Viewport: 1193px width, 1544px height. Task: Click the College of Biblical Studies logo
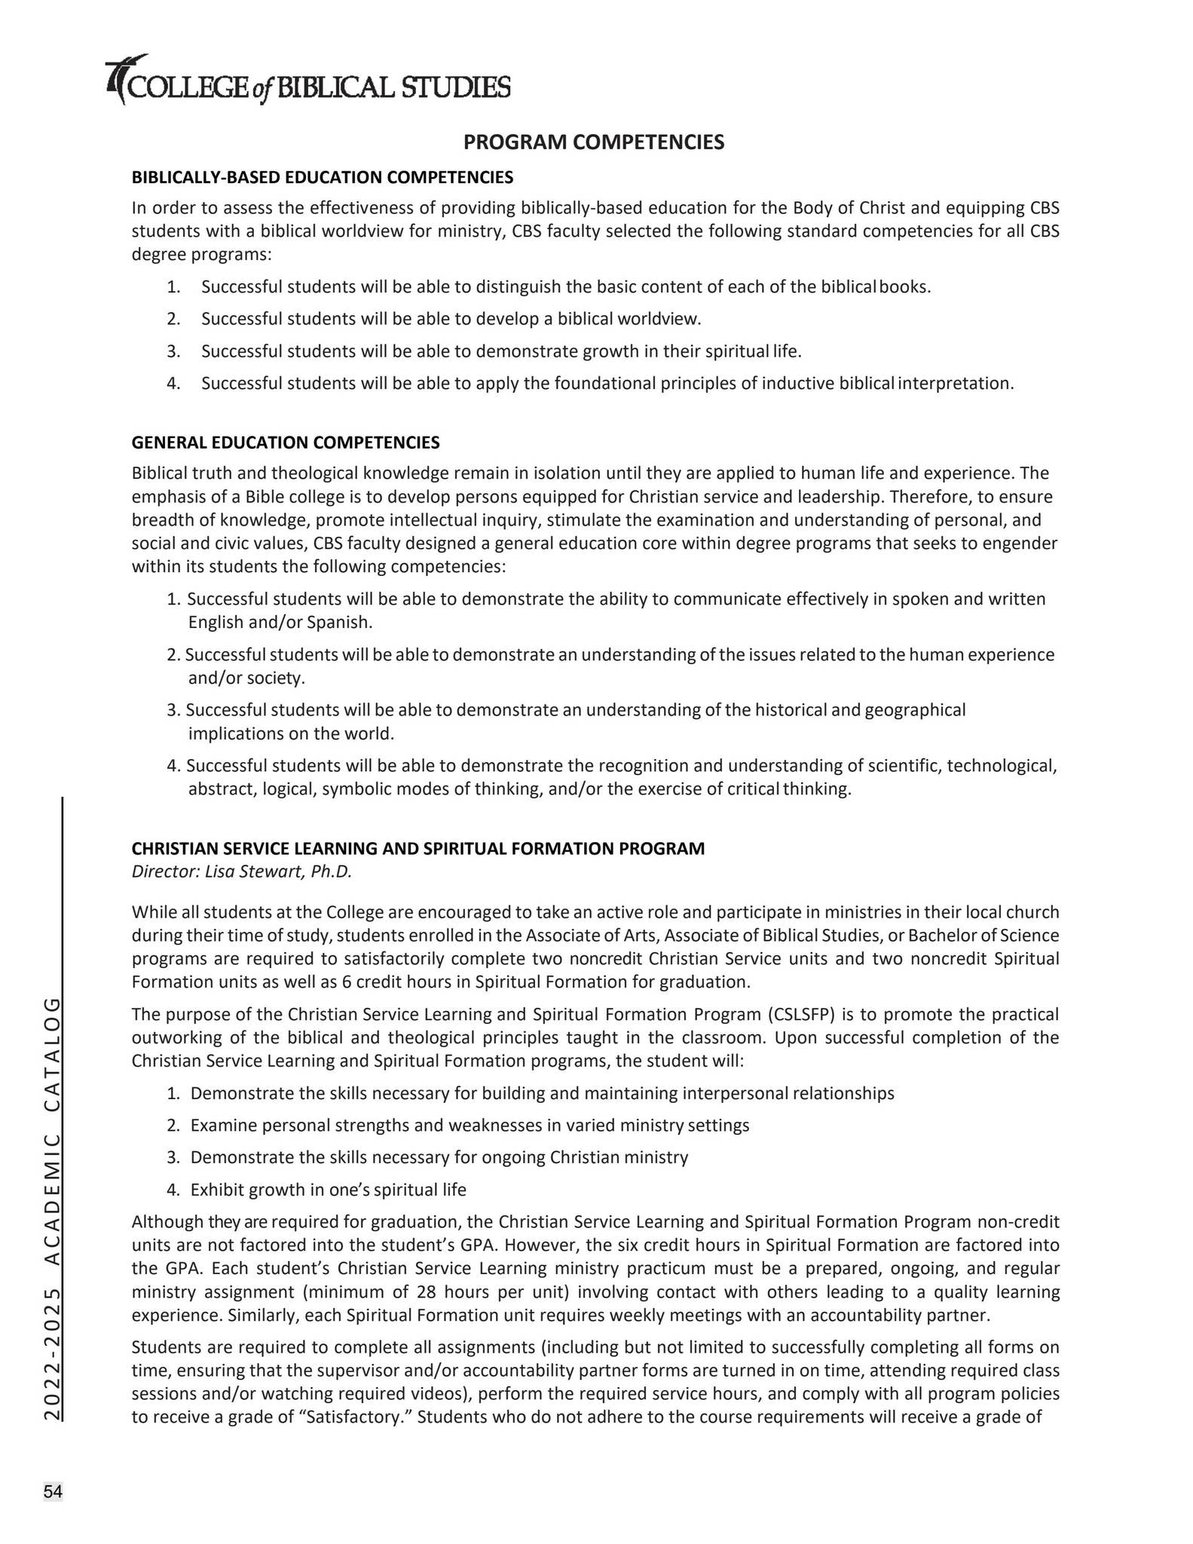[x=307, y=81]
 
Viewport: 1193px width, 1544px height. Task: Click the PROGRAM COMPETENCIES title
[x=594, y=142]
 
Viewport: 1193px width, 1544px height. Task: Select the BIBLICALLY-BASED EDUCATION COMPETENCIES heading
[x=323, y=177]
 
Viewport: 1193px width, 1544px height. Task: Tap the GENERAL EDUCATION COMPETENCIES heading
[x=286, y=443]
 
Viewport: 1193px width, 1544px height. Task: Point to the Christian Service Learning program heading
[x=418, y=848]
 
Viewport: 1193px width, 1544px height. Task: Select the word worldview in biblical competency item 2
[x=659, y=319]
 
